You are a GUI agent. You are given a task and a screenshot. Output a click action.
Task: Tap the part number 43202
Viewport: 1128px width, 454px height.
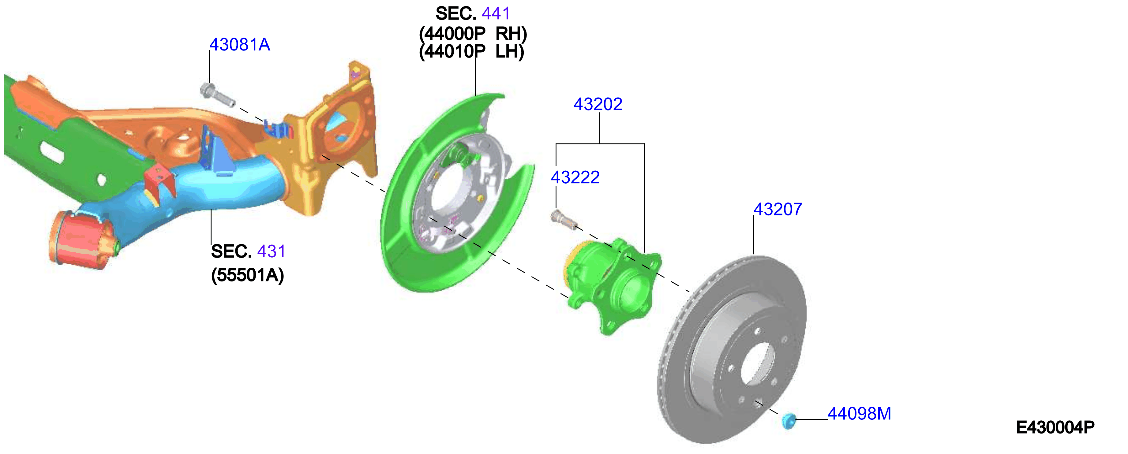598,104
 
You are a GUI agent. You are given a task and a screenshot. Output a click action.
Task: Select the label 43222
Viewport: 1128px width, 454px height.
575,177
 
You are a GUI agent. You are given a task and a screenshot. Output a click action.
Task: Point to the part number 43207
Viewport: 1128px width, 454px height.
778,209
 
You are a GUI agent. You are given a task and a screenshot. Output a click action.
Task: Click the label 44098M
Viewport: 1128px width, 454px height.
859,413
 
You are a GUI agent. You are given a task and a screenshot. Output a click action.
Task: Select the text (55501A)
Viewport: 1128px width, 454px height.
247,275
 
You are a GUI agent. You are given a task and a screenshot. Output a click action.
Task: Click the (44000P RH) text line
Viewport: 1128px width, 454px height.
473,34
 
